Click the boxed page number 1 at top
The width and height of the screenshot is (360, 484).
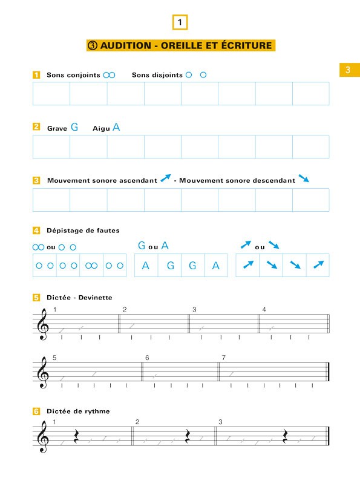(180, 22)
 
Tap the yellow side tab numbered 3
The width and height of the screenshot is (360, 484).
(348, 70)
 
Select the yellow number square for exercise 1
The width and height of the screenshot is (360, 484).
(36, 75)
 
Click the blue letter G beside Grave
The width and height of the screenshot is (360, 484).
(74, 127)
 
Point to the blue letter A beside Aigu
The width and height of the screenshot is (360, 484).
(116, 127)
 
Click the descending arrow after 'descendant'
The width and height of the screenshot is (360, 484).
(304, 179)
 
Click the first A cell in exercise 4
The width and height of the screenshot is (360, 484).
(145, 265)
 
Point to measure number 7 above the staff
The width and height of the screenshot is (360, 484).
(223, 358)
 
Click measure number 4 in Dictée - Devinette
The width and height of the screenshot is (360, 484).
(264, 310)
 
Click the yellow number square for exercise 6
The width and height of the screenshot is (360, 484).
(36, 411)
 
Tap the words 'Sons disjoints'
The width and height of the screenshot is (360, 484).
(157, 75)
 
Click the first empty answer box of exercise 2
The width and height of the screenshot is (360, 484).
(51, 147)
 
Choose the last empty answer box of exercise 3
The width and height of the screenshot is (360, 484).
(311, 200)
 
